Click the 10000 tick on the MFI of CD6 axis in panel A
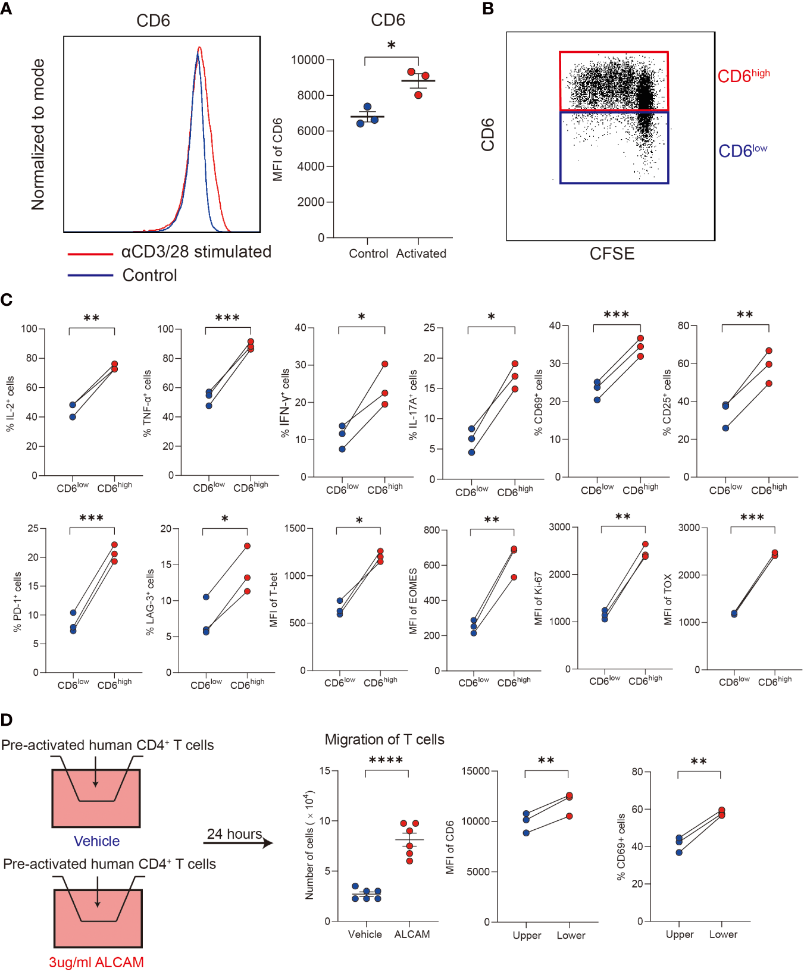click(x=308, y=60)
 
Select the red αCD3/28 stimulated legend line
click(x=90, y=254)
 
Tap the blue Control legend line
click(x=90, y=275)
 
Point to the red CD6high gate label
click(x=743, y=76)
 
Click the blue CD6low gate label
click(x=742, y=151)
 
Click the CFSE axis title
click(x=612, y=254)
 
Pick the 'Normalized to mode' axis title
click(x=38, y=134)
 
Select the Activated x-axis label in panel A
click(x=421, y=253)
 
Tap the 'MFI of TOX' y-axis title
click(x=668, y=599)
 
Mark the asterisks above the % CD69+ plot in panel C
click(x=616, y=315)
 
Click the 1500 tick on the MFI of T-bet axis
click(x=295, y=528)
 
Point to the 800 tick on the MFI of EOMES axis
click(x=431, y=530)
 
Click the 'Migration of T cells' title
click(x=384, y=739)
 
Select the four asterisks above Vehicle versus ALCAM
click(x=386, y=760)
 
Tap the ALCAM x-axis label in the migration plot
click(x=412, y=934)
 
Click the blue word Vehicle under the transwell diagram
click(x=96, y=841)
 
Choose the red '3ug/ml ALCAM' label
click(x=96, y=962)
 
